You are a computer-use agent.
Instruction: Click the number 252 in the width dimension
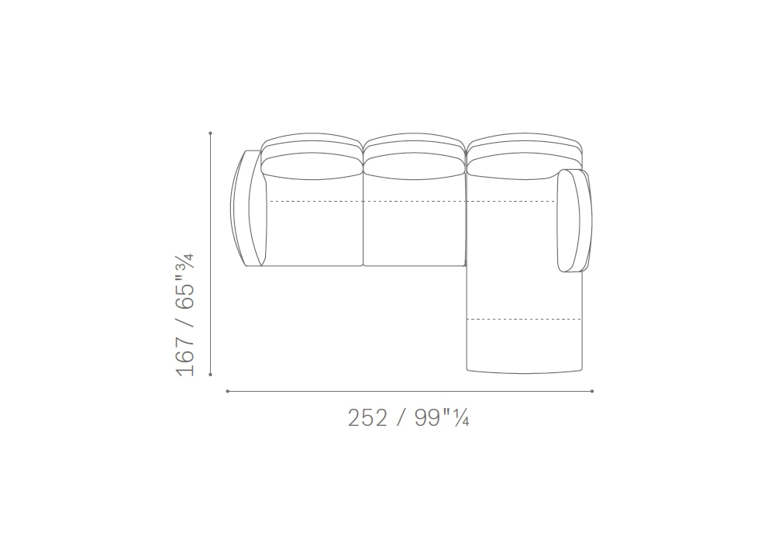click(x=367, y=418)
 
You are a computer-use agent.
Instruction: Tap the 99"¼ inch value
click(x=442, y=418)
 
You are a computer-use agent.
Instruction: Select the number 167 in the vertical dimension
click(x=185, y=356)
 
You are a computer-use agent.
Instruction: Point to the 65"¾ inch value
click(x=185, y=282)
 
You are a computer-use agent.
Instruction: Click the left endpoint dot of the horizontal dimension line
click(x=227, y=391)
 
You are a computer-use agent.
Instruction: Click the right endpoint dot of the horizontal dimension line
click(x=592, y=391)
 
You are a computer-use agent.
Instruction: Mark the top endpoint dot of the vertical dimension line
click(x=211, y=133)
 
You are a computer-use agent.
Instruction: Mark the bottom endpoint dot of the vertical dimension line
click(x=211, y=375)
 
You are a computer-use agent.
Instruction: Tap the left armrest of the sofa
click(x=248, y=208)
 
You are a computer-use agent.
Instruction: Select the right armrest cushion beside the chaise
click(x=574, y=220)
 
